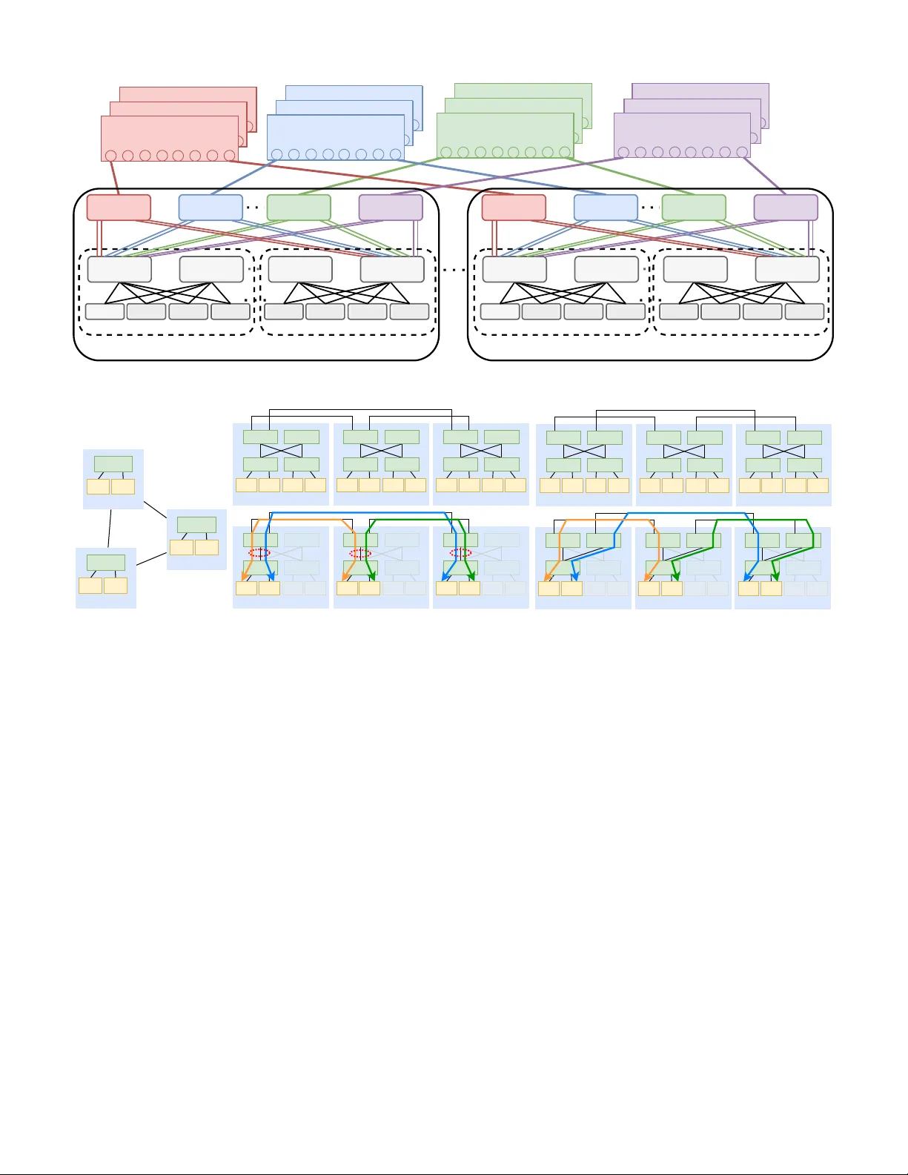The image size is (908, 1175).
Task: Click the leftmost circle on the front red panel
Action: (111, 156)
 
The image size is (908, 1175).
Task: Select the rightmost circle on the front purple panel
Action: (742, 152)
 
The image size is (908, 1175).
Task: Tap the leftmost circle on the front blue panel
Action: (277, 154)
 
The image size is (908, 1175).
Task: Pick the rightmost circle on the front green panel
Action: (565, 152)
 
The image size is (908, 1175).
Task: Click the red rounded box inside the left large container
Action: (119, 208)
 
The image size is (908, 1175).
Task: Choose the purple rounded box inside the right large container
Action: (786, 208)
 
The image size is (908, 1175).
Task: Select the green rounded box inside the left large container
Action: (299, 208)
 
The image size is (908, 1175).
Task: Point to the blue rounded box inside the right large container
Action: (606, 208)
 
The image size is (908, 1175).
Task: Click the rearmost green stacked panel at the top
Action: (523, 92)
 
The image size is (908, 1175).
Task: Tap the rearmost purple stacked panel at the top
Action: (700, 92)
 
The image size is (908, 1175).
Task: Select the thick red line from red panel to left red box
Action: (114, 178)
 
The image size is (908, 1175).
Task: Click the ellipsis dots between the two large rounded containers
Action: (454, 270)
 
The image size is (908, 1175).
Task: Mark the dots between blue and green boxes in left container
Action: (253, 208)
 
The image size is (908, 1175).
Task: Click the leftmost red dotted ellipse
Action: (259, 553)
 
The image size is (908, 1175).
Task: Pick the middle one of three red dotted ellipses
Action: (360, 553)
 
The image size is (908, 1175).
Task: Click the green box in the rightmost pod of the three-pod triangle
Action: (196, 525)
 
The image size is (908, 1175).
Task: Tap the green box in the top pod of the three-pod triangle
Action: (113, 464)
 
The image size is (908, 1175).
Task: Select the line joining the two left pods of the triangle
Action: (110, 528)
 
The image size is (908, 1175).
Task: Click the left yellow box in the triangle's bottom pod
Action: (90, 586)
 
